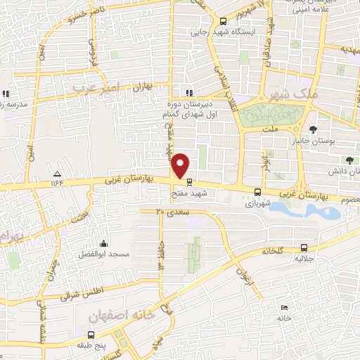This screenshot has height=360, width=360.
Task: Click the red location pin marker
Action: (181, 165)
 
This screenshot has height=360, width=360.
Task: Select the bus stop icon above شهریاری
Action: (258, 192)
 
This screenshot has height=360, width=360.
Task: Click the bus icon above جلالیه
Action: (304, 247)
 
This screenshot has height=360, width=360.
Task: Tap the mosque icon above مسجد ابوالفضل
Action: (103, 242)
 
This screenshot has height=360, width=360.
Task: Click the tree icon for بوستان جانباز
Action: (312, 129)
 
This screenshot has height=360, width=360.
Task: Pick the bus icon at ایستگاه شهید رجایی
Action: (223, 21)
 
